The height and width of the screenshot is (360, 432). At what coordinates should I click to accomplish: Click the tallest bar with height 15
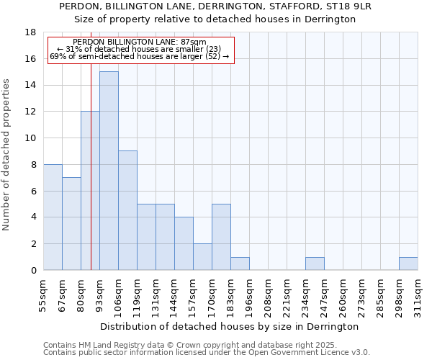pyautogui.click(x=109, y=171)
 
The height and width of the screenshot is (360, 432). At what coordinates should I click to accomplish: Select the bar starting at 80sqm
pyautogui.click(x=90, y=191)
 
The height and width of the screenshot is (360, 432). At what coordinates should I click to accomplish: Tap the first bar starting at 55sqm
pyautogui.click(x=53, y=217)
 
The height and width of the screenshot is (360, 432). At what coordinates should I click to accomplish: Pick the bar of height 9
pyautogui.click(x=127, y=210)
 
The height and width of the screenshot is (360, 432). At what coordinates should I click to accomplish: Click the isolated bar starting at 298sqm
pyautogui.click(x=408, y=264)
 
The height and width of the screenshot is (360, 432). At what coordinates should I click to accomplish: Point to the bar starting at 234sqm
pyautogui.click(x=315, y=264)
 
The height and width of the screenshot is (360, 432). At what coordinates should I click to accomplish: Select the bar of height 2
pyautogui.click(x=202, y=257)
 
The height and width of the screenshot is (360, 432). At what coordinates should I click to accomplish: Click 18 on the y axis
pyautogui.click(x=30, y=32)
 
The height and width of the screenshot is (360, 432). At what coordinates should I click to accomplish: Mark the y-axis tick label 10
pyautogui.click(x=30, y=138)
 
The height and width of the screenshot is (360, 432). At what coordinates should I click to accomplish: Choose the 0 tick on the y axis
pyautogui.click(x=33, y=271)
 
